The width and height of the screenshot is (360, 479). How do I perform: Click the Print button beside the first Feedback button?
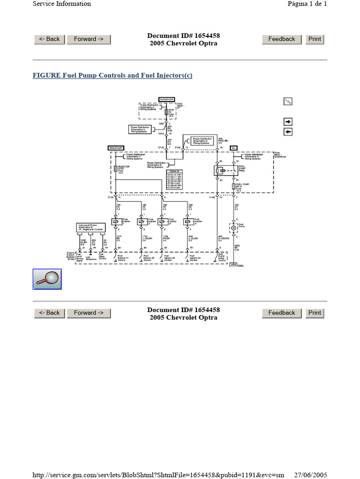[315, 39]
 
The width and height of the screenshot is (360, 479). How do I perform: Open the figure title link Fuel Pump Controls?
[112, 75]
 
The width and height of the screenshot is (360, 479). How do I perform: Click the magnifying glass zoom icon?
[47, 279]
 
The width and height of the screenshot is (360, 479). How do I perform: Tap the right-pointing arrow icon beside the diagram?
[288, 122]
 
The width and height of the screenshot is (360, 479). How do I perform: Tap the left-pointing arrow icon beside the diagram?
[288, 132]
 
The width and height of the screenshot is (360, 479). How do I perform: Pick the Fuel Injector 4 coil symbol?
[187, 221]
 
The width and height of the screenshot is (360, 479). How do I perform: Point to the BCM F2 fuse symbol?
[166, 112]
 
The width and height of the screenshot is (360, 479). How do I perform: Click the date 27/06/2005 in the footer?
[310, 475]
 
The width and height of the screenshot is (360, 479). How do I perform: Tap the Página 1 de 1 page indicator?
[307, 4]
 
